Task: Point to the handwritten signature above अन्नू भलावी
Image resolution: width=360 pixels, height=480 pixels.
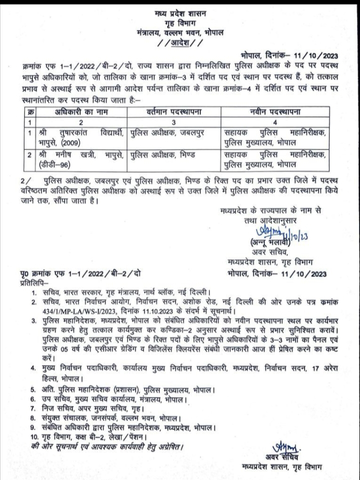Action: click(x=263, y=232)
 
